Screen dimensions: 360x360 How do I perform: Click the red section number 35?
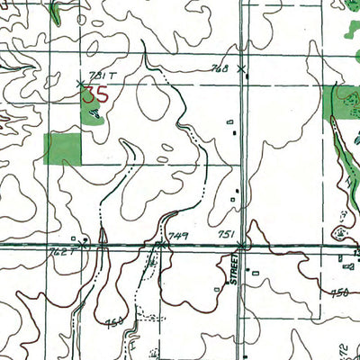click(x=97, y=94)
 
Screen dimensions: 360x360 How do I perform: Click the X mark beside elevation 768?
click(x=241, y=67)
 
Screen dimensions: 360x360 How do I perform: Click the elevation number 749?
click(x=178, y=236)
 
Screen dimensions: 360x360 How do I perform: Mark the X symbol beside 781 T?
click(x=81, y=84)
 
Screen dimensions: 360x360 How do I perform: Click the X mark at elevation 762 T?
click(x=83, y=242)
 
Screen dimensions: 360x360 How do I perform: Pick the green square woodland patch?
click(x=62, y=148)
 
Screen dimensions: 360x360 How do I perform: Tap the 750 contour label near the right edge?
click(x=339, y=292)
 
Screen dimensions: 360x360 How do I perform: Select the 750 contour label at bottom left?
click(x=114, y=321)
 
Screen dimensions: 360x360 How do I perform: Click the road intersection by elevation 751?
click(x=241, y=243)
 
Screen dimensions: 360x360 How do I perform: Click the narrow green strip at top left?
click(x=55, y=12)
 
